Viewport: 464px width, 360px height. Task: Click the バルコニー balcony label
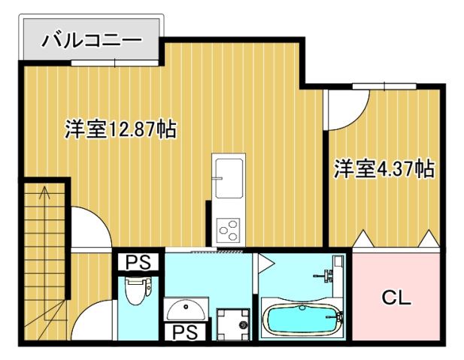pyautogui.click(x=90, y=38)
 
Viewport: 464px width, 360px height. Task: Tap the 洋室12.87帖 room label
pyautogui.click(x=120, y=129)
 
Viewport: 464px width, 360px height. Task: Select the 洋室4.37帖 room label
pyautogui.click(x=384, y=169)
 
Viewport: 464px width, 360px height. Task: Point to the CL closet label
pyautogui.click(x=396, y=298)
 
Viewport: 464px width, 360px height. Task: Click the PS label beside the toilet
pyautogui.click(x=138, y=262)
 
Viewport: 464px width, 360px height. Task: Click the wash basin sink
pyautogui.click(x=183, y=309)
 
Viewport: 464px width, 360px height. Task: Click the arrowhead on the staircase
pyautogui.click(x=44, y=190)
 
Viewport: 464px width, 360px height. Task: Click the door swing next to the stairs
pyautogui.click(x=89, y=225)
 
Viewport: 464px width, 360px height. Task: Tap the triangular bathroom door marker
pyautogui.click(x=264, y=264)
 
